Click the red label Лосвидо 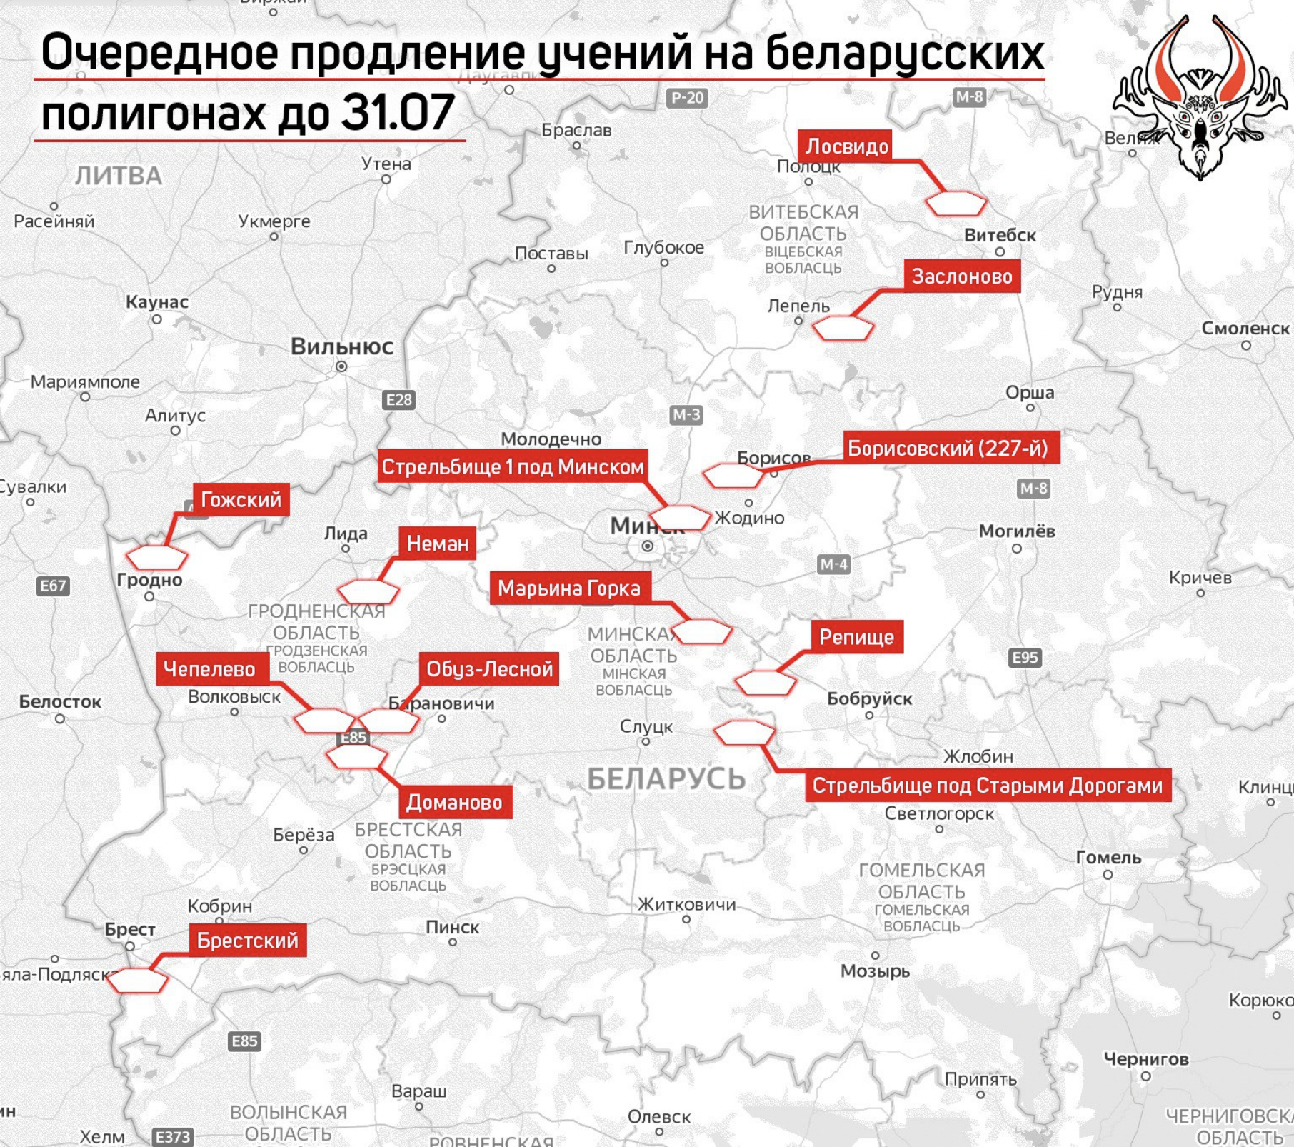coord(847,146)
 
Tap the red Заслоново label coord(962,276)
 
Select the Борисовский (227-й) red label coord(948,449)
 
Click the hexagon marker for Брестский coord(137,981)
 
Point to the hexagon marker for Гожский coord(156,558)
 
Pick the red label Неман coord(437,544)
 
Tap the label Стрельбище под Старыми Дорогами coord(988,786)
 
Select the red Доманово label coord(454,803)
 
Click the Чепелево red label coord(209,669)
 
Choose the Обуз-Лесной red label coord(489,669)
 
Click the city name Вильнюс coord(341,347)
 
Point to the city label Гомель coord(1108,858)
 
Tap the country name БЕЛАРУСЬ coord(666,779)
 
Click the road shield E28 coord(398,400)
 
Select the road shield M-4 coord(833,564)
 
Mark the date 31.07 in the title coord(398,112)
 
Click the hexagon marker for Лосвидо coord(956,204)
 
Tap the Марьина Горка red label coord(569,588)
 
